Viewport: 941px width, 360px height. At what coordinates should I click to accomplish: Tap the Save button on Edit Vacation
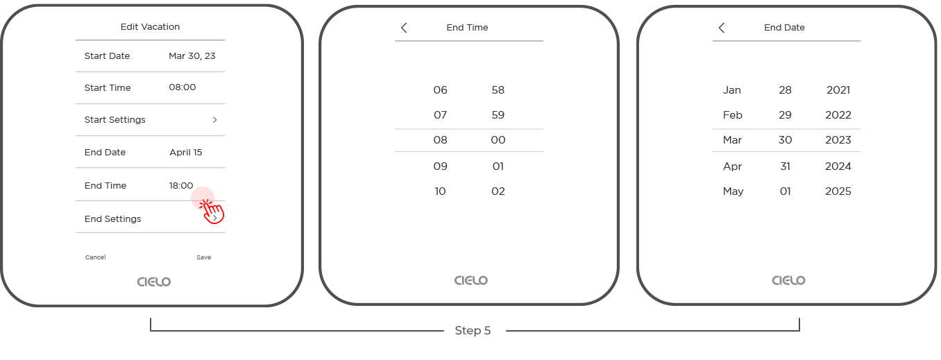click(x=203, y=257)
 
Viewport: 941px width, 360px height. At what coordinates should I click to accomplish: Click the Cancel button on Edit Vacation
click(x=96, y=257)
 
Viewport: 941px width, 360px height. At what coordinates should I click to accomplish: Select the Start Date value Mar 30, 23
click(x=192, y=56)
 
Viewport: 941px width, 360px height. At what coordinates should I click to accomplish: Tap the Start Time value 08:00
click(x=183, y=88)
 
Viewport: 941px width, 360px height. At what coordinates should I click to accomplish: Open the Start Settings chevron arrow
click(x=214, y=120)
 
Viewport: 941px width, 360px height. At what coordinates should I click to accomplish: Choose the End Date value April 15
click(x=186, y=153)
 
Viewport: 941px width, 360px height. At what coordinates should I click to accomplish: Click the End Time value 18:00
click(x=181, y=186)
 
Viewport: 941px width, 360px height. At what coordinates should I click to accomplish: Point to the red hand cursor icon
click(x=212, y=211)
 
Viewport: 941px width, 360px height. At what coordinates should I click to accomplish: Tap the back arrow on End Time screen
click(x=404, y=28)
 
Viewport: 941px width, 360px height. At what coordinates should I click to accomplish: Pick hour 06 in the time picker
click(x=440, y=90)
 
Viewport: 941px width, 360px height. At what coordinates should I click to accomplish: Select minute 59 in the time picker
click(x=498, y=115)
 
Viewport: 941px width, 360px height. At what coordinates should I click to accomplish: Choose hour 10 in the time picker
click(x=440, y=191)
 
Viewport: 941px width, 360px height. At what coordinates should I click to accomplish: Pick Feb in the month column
click(x=732, y=115)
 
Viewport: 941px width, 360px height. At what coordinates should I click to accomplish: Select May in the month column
click(x=733, y=191)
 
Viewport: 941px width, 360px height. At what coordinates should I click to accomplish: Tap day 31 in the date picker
click(x=785, y=166)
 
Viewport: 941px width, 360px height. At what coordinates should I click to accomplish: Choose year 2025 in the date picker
click(x=838, y=191)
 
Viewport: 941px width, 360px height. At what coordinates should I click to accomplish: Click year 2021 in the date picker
click(x=838, y=90)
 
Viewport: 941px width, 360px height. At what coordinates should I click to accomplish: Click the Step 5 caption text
click(x=473, y=331)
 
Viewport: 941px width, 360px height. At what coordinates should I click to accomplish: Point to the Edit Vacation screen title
click(x=150, y=27)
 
